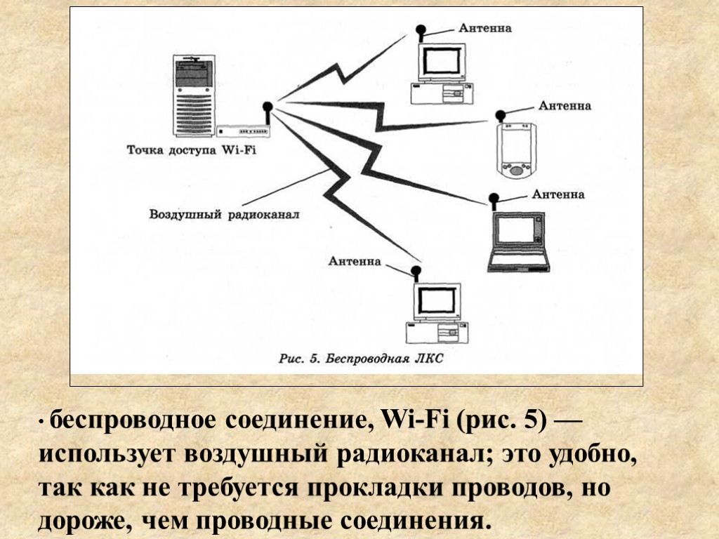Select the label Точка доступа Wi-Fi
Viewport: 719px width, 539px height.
[191, 150]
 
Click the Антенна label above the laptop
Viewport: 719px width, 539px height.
[558, 194]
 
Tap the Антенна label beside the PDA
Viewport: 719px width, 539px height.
[565, 106]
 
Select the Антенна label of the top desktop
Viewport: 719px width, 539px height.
[485, 29]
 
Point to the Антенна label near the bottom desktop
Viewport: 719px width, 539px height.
[355, 262]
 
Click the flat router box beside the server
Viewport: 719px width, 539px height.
[243, 131]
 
